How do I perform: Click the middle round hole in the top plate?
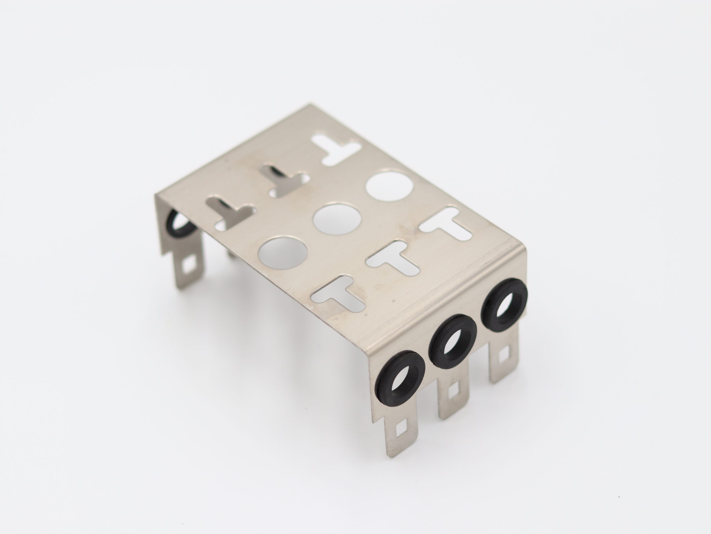click(337, 217)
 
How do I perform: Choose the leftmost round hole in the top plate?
click(282, 253)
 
